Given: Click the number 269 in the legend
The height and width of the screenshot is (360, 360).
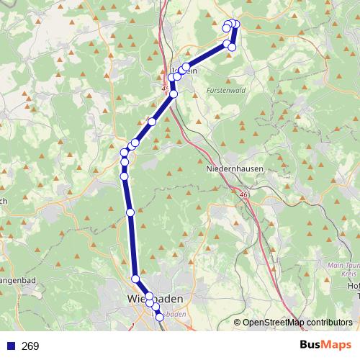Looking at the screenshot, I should coord(30,346).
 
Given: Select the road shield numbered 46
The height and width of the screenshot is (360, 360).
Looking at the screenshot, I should coord(243,194).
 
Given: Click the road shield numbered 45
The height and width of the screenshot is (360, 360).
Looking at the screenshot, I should coord(166,89).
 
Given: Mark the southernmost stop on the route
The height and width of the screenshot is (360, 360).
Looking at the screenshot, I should coord(159,317).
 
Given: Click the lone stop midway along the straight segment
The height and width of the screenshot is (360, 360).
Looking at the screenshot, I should coord(130,212).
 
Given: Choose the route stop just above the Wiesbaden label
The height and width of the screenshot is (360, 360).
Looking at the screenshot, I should coord(135,279).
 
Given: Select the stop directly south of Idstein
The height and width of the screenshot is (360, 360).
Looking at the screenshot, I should coord(174,94).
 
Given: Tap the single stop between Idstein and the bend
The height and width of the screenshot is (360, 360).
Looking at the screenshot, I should coord(152,122).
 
